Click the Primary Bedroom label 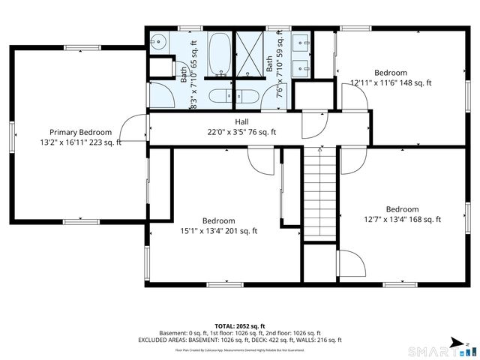pyautogui.click(x=80, y=132)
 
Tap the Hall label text pyautogui.click(x=241, y=121)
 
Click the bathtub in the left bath pyautogui.click(x=220, y=53)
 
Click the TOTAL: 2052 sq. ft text pyautogui.click(x=239, y=325)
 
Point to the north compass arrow pyautogui.click(x=466, y=343)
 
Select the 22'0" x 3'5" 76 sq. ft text pyautogui.click(x=241, y=132)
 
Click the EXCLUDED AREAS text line pyautogui.click(x=239, y=340)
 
